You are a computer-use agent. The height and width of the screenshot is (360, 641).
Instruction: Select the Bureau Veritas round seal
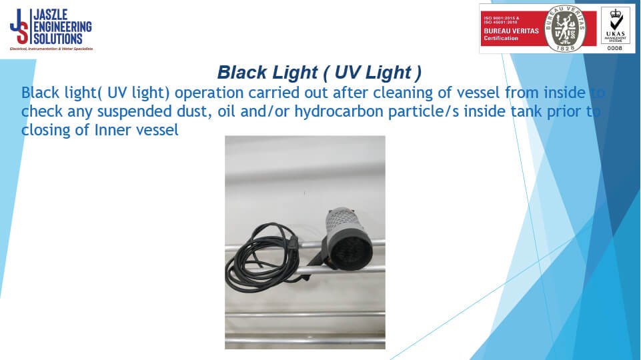(565, 29)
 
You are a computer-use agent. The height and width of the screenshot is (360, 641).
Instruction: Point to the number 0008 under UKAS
(614, 48)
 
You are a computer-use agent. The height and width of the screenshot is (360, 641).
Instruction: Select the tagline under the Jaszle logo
(51, 49)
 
